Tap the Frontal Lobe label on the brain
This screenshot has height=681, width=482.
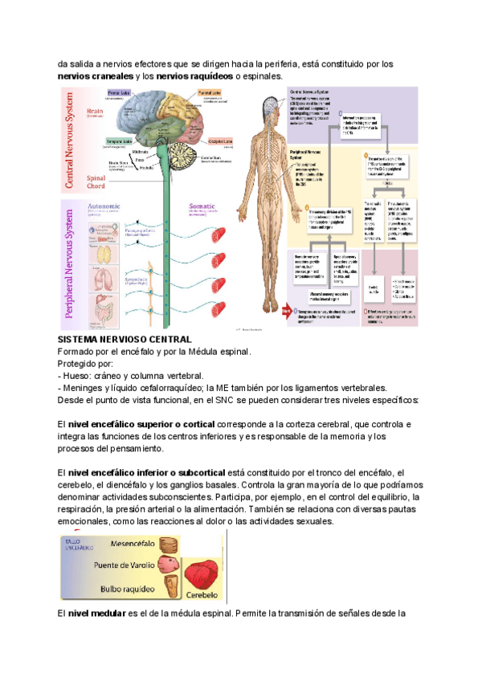(120, 94)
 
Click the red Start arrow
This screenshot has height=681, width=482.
(286, 308)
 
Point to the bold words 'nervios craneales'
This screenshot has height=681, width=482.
(95, 76)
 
